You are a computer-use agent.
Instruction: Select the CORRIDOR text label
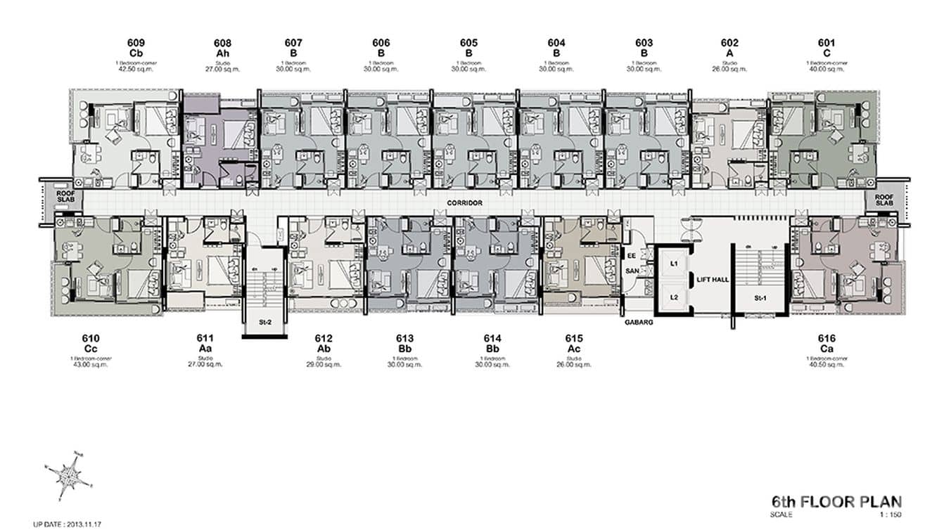464,202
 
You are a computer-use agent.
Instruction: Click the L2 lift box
673,297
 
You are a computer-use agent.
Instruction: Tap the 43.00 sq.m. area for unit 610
90,365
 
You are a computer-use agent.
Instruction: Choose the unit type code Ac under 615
574,349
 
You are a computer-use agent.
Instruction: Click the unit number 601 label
827,43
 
